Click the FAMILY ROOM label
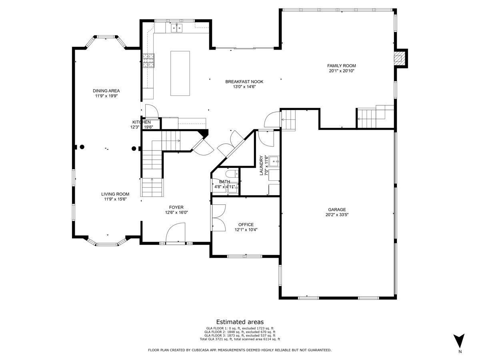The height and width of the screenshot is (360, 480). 341,66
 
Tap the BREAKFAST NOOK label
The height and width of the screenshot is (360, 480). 244,82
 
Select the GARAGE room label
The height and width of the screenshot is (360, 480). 337,209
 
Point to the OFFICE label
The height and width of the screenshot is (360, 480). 246,224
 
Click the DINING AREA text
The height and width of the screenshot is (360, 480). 106,91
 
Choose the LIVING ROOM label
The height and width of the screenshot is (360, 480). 115,194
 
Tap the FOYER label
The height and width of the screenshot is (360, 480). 176,207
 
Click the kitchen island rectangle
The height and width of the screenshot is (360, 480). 180,73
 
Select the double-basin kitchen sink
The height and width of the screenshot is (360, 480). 177,28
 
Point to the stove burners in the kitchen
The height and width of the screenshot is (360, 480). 148,60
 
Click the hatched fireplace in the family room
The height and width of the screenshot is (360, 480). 399,58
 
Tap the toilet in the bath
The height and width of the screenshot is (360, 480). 232,174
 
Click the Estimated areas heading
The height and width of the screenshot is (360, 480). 240,322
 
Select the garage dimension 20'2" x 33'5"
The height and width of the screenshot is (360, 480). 337,215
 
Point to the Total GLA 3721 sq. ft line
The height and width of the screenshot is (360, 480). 240,339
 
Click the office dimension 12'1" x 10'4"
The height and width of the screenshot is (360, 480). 246,230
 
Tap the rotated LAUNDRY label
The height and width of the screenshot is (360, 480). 261,165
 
